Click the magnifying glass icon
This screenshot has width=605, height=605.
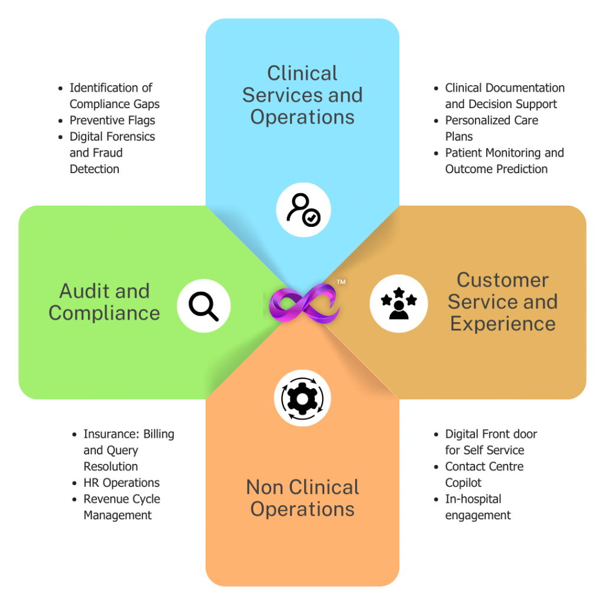pos(204,307)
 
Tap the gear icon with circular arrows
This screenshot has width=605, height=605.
pos(302,398)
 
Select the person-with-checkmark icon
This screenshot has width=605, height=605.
pos(303,210)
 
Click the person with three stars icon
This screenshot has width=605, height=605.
pos(399,303)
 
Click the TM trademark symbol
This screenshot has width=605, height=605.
pos(341,282)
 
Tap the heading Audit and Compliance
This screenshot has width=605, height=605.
pos(104,302)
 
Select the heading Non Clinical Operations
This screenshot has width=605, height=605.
pos(302,497)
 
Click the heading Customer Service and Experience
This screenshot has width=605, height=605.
pos(503,302)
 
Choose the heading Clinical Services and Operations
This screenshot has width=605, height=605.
pos(302,95)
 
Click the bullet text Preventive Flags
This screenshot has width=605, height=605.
pos(112,121)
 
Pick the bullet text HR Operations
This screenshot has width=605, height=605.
pos(122,483)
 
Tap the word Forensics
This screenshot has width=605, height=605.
pos(131,136)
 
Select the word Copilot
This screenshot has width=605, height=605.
pos(463,483)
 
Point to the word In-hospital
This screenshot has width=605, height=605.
pos(473,499)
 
